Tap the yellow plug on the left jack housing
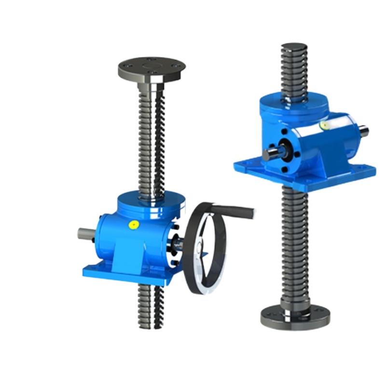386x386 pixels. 134,224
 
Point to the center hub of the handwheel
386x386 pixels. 199,249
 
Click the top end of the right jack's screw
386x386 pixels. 294,48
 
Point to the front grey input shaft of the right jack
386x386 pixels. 271,154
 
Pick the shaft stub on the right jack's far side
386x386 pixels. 363,131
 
